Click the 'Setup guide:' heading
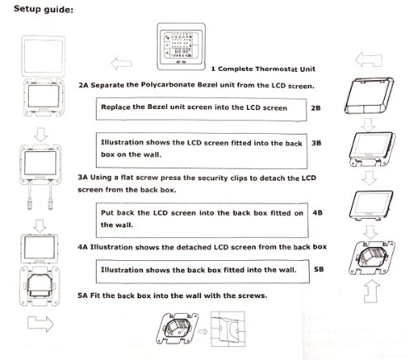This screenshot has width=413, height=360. click(x=44, y=9)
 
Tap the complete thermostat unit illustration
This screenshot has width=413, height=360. click(x=181, y=46)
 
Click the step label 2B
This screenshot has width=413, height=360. click(x=316, y=108)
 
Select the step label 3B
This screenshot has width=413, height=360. click(x=316, y=143)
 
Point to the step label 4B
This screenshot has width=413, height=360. click(x=317, y=212)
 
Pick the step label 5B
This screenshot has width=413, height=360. click(x=319, y=269)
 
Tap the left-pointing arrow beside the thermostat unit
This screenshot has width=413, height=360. click(x=121, y=64)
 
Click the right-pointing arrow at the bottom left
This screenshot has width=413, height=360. click(x=40, y=324)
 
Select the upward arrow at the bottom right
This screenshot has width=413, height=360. click(x=372, y=291)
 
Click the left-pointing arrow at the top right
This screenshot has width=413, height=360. click(x=368, y=59)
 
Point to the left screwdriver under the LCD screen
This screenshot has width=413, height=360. click(x=30, y=195)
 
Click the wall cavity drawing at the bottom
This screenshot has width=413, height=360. click(x=228, y=329)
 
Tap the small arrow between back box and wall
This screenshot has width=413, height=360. click(x=202, y=331)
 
